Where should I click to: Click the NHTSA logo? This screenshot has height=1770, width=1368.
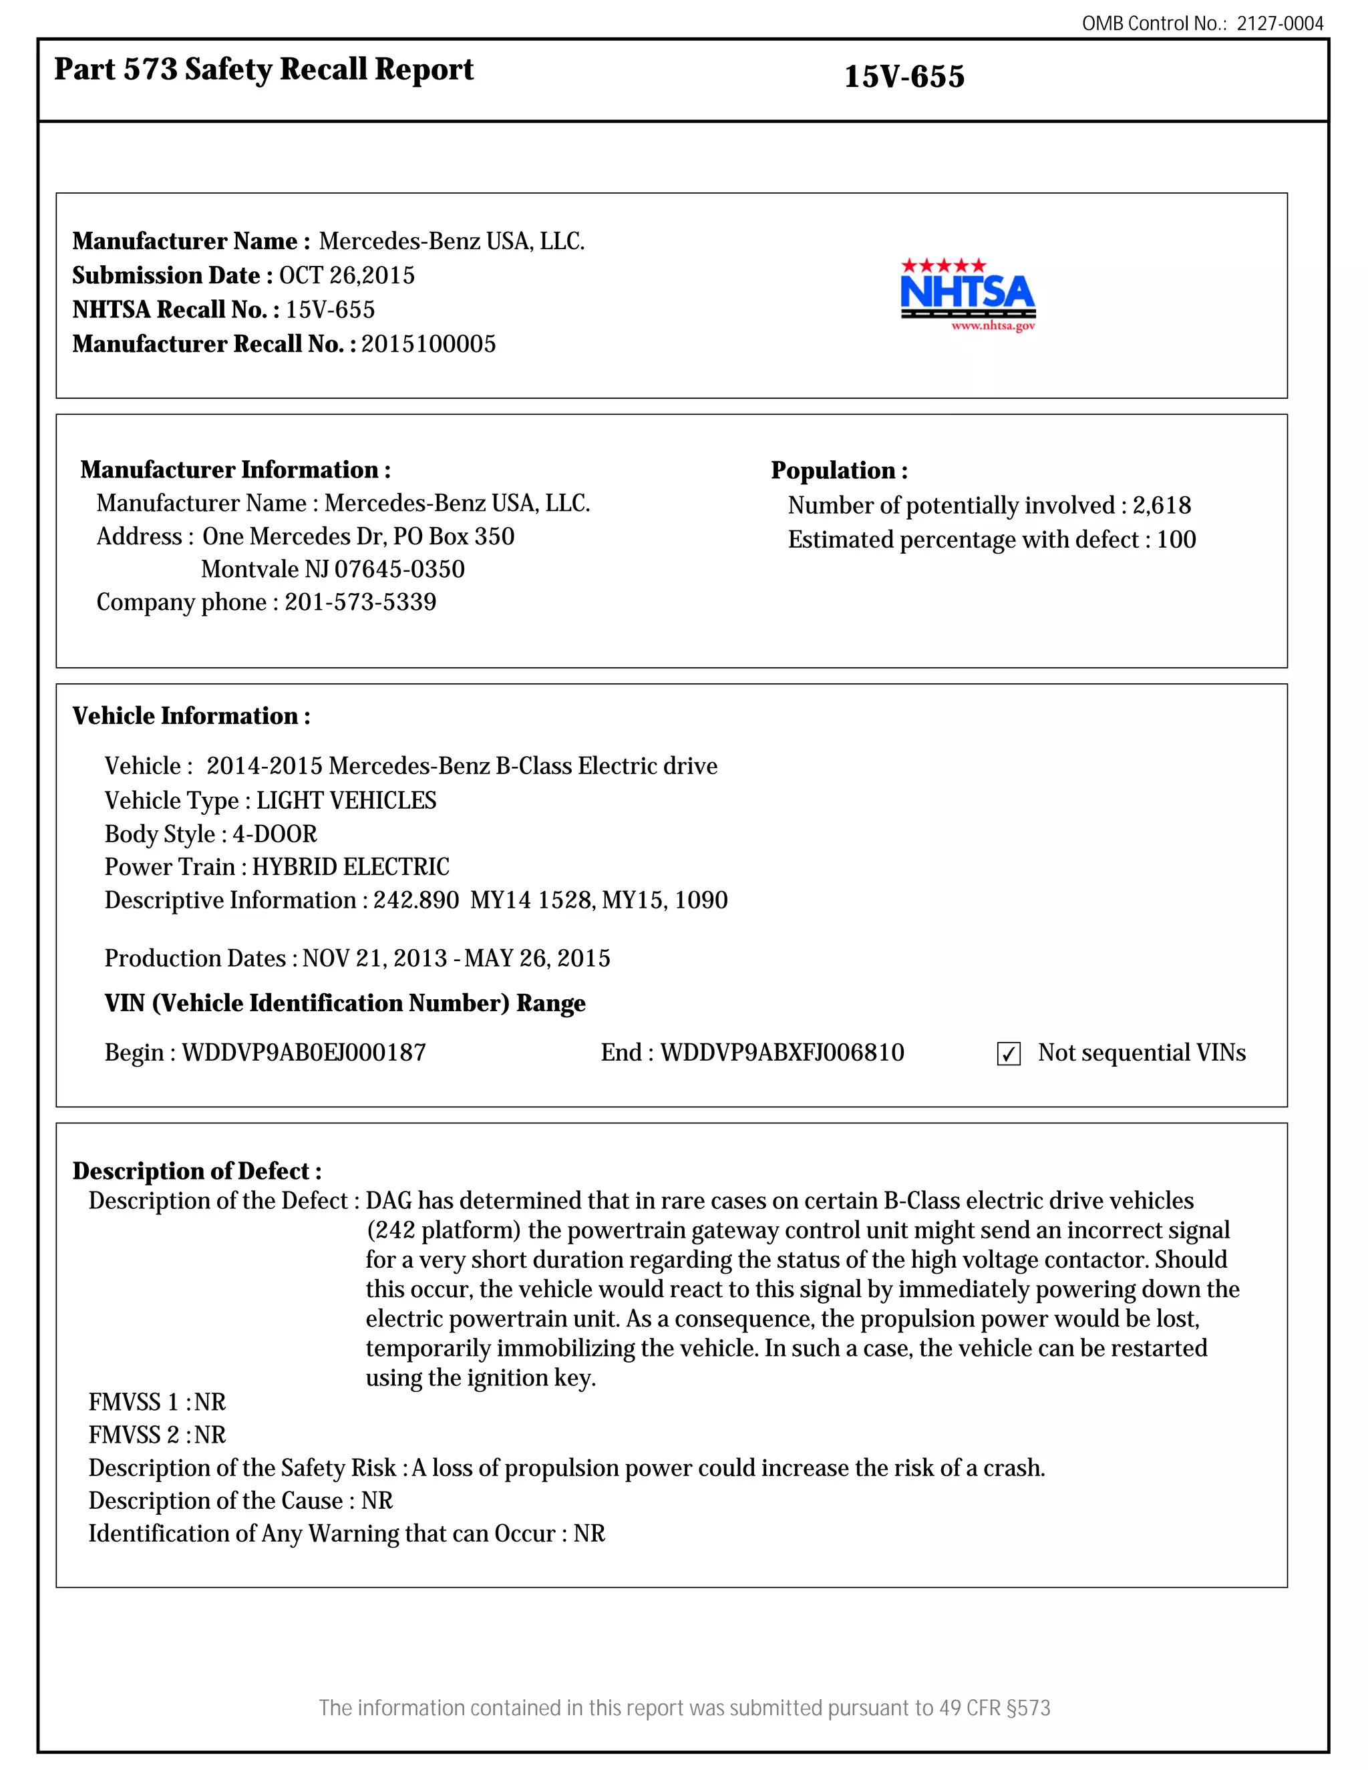[x=968, y=294]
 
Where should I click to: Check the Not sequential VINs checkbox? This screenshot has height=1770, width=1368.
[x=1008, y=1053]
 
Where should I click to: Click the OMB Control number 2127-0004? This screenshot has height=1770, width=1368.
[x=1280, y=23]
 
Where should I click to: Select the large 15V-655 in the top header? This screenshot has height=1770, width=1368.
[x=904, y=77]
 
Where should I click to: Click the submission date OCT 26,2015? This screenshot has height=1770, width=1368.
[x=347, y=276]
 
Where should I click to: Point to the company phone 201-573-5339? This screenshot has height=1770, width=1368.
[x=360, y=602]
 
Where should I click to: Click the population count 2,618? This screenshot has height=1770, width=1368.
[x=1162, y=506]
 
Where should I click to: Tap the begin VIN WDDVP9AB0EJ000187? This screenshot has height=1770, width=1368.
[x=303, y=1053]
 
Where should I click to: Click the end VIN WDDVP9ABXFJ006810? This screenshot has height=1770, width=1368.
[x=782, y=1053]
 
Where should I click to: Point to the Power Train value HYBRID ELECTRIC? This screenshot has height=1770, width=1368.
[x=350, y=867]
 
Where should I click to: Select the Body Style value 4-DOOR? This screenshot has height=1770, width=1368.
[x=275, y=834]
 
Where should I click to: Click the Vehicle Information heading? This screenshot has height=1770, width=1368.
[x=191, y=717]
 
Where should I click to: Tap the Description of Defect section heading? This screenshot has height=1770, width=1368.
[x=197, y=1171]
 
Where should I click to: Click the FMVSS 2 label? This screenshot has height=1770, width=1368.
[x=134, y=1435]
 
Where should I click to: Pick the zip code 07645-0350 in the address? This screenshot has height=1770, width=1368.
[x=399, y=570]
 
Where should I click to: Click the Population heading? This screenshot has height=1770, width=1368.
[x=839, y=471]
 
